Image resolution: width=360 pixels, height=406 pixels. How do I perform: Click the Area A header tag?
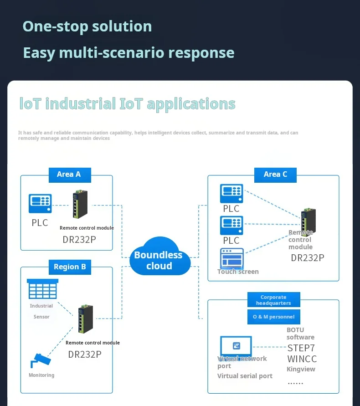tap(69, 175)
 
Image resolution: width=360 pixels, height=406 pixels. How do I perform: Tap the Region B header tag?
tap(70, 267)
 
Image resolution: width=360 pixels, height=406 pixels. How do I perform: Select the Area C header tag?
tap(275, 175)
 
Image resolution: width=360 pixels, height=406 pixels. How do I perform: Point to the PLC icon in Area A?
tap(40, 203)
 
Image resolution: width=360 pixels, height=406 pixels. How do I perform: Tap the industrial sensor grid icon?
tap(42, 289)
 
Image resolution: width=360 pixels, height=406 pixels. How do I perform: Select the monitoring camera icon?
tap(41, 360)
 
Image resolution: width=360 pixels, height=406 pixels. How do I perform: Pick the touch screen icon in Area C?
tap(232, 258)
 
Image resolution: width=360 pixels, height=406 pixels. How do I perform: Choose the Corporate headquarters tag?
tap(273, 300)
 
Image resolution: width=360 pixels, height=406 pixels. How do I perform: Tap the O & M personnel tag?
tap(273, 317)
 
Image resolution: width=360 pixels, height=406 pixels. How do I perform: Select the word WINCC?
tap(302, 359)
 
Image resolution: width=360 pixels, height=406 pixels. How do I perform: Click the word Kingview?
tap(301, 369)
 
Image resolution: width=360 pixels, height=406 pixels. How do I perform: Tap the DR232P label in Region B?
tap(85, 354)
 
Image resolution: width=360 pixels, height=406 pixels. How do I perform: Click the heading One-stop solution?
tap(87, 26)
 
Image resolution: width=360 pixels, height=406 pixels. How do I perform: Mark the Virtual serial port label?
tap(245, 376)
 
